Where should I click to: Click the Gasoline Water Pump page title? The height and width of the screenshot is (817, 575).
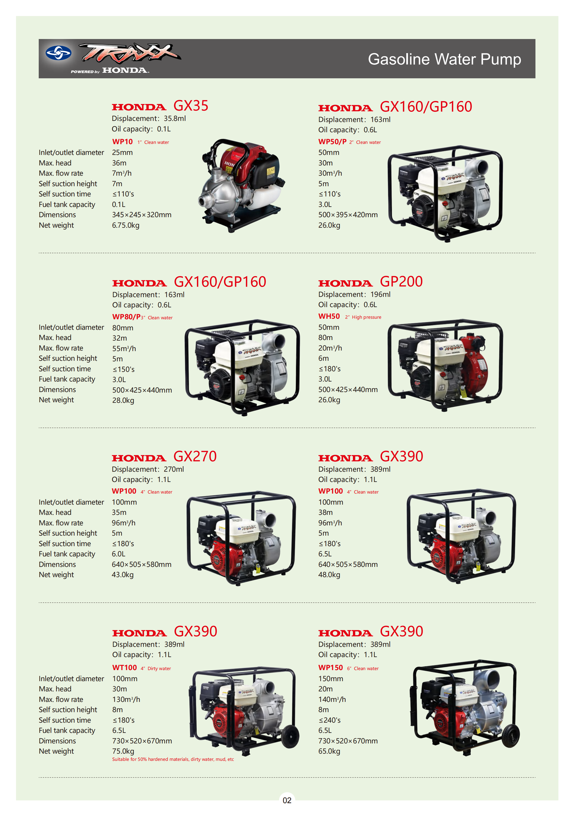444,59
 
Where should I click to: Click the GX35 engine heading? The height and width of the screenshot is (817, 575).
191,106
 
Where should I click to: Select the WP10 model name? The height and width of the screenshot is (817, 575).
123,142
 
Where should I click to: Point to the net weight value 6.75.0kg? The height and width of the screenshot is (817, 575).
126,225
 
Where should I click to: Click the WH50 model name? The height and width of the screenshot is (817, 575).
329,316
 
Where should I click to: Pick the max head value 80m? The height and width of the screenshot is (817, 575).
326,337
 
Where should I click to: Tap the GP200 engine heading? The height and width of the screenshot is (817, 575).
401,281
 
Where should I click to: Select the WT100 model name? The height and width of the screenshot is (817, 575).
124,668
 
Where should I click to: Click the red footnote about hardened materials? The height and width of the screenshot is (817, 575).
173,759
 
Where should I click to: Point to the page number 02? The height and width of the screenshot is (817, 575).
287,800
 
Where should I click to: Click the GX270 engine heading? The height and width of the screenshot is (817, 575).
195,456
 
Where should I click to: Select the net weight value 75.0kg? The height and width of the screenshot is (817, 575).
123,751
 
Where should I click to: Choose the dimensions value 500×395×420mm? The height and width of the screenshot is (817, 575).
348,215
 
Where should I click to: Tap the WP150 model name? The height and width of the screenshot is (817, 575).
331,668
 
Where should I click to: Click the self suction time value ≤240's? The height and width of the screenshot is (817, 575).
329,720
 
